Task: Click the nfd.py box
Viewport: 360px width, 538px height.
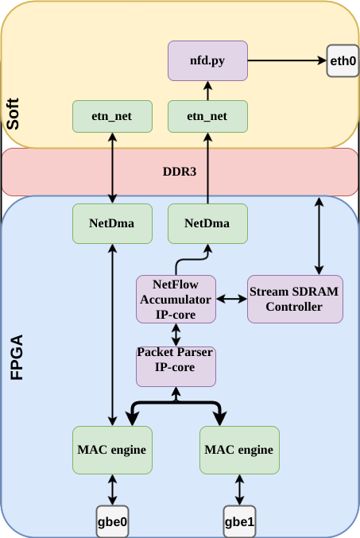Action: click(208, 60)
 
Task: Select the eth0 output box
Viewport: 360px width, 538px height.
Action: click(343, 60)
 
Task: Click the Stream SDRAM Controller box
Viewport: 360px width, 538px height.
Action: click(295, 299)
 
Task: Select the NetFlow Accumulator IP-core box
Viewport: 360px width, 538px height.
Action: click(176, 299)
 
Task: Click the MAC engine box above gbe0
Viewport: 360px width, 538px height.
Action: click(112, 450)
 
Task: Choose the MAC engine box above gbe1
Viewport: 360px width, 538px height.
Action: click(239, 450)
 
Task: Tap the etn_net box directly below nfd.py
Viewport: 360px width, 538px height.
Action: click(208, 116)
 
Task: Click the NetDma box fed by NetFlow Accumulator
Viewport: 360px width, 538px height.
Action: click(208, 223)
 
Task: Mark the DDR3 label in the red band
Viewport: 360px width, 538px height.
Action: click(180, 172)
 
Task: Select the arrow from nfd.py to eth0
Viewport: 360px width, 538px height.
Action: click(287, 60)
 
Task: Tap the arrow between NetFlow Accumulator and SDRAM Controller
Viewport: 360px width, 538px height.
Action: click(231, 299)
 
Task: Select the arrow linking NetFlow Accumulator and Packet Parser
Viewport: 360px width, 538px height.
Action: click(176, 334)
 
